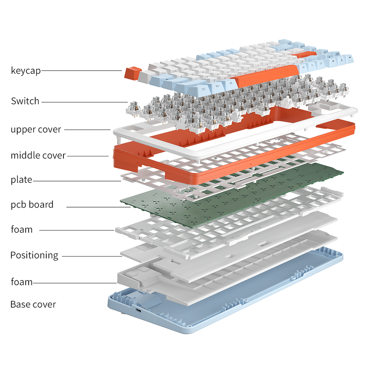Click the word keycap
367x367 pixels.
click(x=26, y=70)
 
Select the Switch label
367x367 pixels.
click(x=25, y=101)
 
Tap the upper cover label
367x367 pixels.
click(x=36, y=130)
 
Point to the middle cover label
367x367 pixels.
click(x=38, y=156)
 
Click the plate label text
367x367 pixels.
click(x=21, y=180)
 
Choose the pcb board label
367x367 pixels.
click(x=32, y=205)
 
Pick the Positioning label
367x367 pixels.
click(x=34, y=255)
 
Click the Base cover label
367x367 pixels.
click(x=33, y=305)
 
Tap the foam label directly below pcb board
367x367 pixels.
click(x=21, y=229)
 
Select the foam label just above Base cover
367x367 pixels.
click(x=21, y=282)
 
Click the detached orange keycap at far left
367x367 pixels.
click(x=133, y=73)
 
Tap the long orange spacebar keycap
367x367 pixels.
click(x=265, y=75)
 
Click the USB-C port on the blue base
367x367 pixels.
click(x=138, y=311)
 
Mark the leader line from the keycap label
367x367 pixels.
click(x=81, y=70)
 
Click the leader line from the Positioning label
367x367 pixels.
click(x=92, y=256)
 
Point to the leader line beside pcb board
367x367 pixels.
click(x=99, y=207)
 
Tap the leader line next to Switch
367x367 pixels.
click(x=84, y=102)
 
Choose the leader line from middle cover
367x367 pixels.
click(x=88, y=156)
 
